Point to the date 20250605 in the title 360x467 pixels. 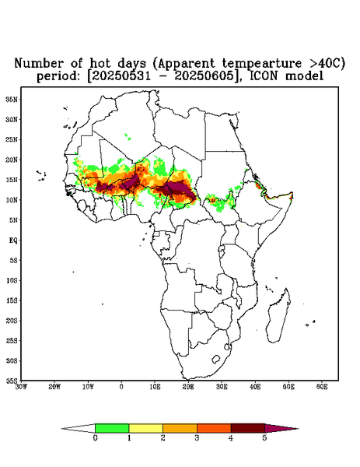tap(204, 76)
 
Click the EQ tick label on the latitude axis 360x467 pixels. tap(13, 241)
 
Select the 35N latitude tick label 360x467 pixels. tap(12, 100)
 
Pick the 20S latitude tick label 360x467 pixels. tap(12, 321)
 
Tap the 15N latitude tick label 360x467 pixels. tap(12, 180)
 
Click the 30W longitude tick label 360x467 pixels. tap(21, 387)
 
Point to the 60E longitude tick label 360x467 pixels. tap(322, 387)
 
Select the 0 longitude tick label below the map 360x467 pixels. tap(121, 387)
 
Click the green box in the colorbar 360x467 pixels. tap(112, 428)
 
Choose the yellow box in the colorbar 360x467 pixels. tap(145, 428)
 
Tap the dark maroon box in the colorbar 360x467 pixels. tap(248, 428)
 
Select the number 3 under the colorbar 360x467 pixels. tap(197, 438)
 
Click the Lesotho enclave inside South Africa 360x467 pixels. tap(216, 359)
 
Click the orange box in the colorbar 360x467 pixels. tap(180, 428)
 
